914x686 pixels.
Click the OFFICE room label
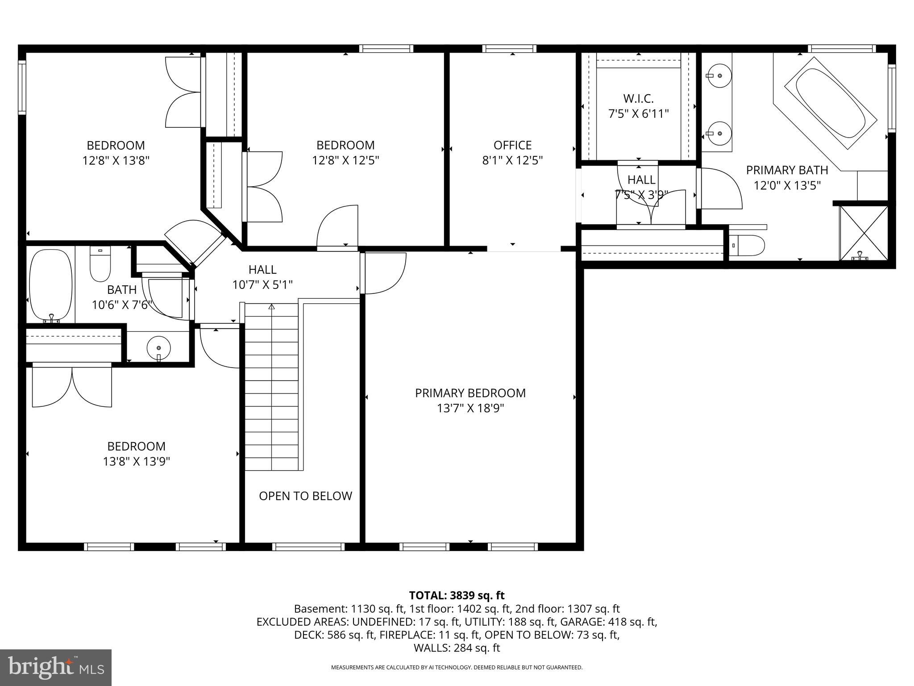tap(512, 146)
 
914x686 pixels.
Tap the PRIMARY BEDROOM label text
tap(470, 393)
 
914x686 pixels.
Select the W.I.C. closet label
tap(638, 99)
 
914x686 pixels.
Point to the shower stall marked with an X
tap(864, 233)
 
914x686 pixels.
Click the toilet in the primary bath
tap(748, 245)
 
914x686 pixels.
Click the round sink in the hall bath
tap(158, 347)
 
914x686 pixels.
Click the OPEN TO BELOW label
tap(305, 496)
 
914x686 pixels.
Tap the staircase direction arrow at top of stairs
tap(271, 307)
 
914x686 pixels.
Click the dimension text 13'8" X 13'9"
tap(137, 461)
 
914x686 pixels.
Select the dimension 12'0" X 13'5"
tap(787, 185)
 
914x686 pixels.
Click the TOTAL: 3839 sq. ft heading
tap(457, 595)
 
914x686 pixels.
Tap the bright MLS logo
tap(56, 667)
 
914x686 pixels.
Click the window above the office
tap(509, 49)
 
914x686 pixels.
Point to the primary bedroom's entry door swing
tap(384, 273)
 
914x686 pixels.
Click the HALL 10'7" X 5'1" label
tap(262, 277)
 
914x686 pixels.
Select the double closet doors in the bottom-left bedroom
tap(72, 386)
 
